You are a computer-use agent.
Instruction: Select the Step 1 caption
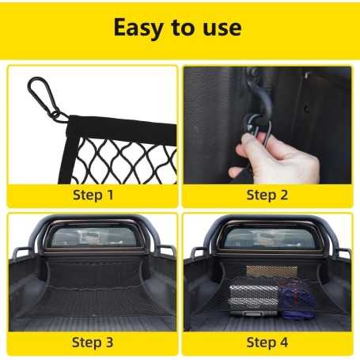tap(92, 195)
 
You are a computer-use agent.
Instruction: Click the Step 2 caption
tap(267, 195)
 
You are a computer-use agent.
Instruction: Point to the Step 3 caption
tap(92, 342)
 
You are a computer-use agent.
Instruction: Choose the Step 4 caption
tap(267, 342)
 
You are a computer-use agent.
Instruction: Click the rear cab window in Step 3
tap(92, 237)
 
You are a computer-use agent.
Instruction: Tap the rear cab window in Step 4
tap(267, 237)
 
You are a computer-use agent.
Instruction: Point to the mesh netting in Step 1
tap(127, 158)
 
